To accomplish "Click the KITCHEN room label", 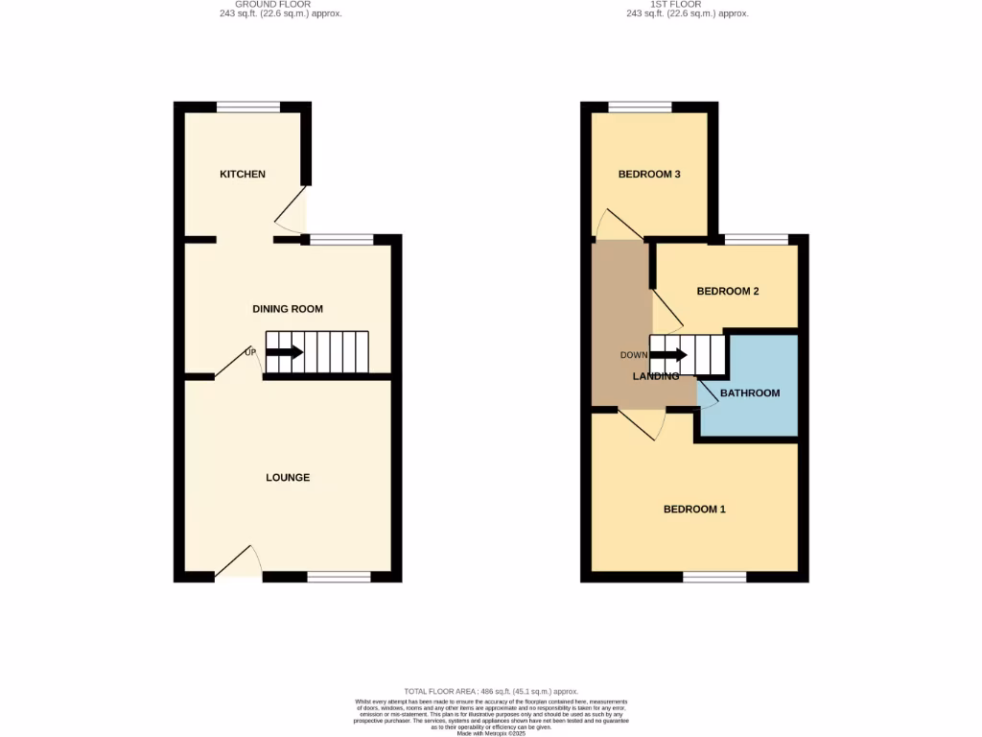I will (x=243, y=174).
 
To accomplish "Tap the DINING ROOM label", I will (x=288, y=309).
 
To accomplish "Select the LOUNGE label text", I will (x=288, y=477).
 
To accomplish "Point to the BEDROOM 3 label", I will (x=649, y=174).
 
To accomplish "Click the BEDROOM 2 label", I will (x=728, y=291).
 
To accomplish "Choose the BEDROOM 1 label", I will (x=694, y=509).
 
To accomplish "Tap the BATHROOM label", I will (x=750, y=392).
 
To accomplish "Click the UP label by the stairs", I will (x=251, y=352).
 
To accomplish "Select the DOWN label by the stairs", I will (x=634, y=355).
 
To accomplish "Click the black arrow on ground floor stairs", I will (x=284, y=352).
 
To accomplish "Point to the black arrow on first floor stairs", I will (x=668, y=355).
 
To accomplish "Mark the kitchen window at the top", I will (x=248, y=107).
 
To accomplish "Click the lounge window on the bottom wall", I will (x=339, y=577).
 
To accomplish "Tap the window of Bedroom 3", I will (x=640, y=107).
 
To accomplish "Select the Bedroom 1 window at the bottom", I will (x=714, y=577).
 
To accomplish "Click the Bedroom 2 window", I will (x=756, y=239).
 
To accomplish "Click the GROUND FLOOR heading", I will (x=279, y=4).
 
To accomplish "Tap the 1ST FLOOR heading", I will (x=687, y=4).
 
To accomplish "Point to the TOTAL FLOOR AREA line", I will (x=490, y=691).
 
